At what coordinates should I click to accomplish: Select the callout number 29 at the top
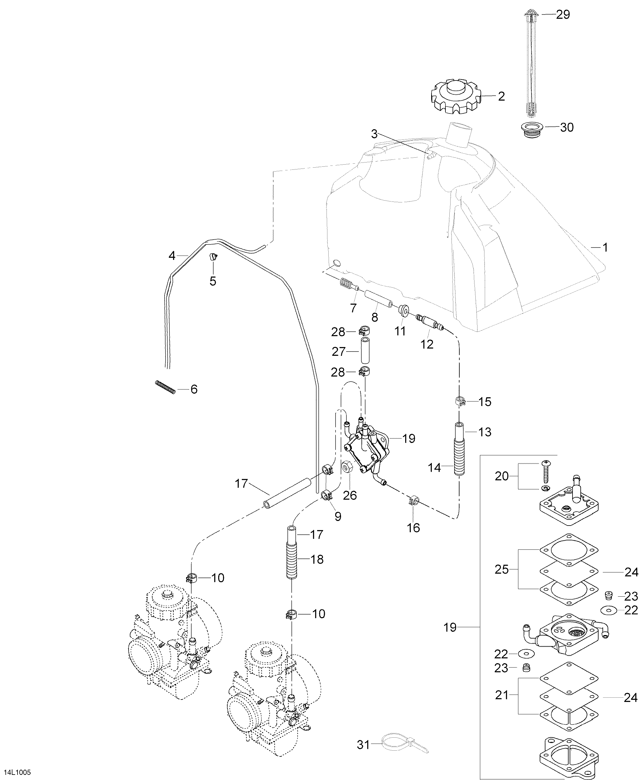[563, 15]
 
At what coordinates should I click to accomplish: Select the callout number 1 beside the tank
[605, 247]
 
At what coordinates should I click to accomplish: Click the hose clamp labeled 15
[460, 401]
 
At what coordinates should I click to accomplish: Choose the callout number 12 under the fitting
[427, 344]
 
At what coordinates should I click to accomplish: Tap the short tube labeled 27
[365, 352]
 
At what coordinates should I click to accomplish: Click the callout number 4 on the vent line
[172, 255]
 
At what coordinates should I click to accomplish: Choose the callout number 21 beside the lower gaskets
[502, 695]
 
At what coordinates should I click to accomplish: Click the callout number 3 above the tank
[374, 134]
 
